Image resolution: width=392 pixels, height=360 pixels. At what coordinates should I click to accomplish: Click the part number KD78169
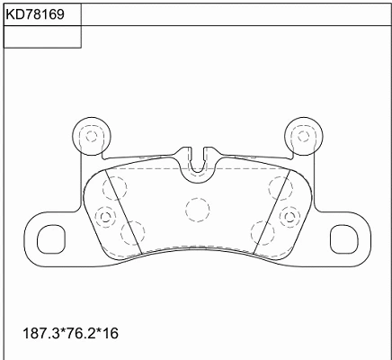[x=35, y=14]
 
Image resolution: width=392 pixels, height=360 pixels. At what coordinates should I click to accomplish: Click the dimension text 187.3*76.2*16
[x=71, y=333]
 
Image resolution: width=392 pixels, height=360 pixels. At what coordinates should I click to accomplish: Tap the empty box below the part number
[x=42, y=37]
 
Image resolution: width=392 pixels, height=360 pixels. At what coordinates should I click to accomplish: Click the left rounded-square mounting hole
[x=51, y=239]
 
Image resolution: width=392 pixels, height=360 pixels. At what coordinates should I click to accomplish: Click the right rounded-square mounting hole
[x=344, y=239]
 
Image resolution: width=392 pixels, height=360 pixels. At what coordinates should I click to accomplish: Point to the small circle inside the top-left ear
[x=91, y=137]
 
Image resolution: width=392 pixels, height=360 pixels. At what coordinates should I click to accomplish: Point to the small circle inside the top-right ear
[x=303, y=137]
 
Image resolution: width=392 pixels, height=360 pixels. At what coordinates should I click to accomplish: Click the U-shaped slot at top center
[x=198, y=173]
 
